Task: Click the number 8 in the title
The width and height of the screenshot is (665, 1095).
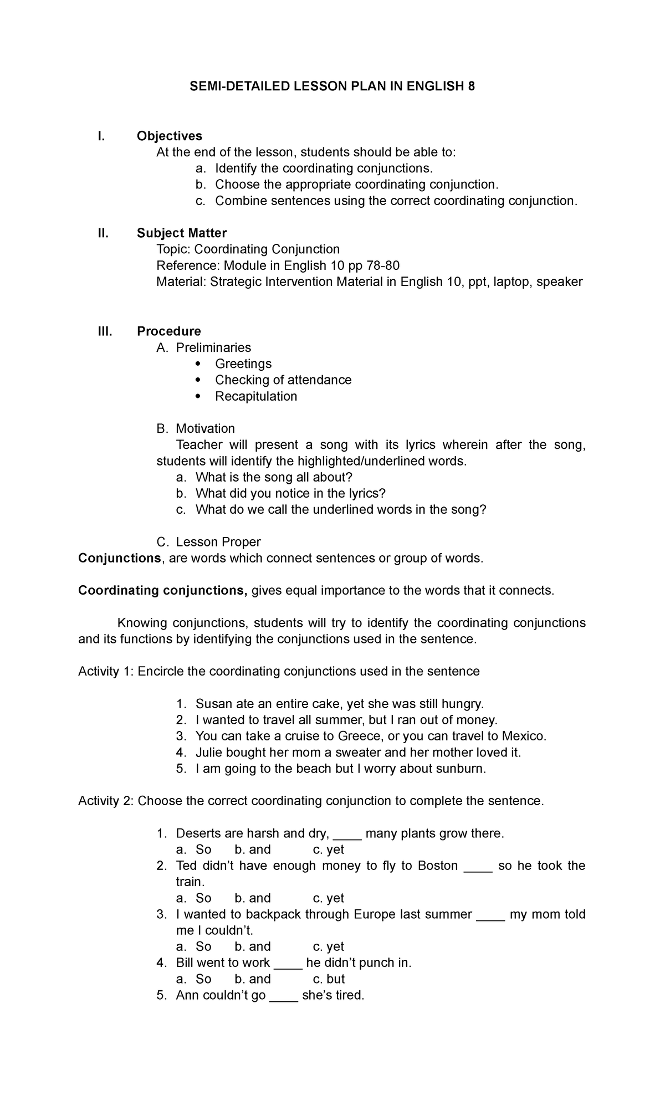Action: point(471,87)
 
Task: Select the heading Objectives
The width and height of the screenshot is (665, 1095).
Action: point(170,136)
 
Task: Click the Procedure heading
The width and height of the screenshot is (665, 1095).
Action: point(169,331)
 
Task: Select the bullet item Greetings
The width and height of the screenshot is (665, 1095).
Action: point(243,364)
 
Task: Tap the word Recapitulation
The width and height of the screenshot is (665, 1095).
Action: point(256,396)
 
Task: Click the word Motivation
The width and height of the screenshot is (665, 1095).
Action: point(205,428)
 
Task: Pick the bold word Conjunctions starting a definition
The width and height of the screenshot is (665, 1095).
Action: point(119,558)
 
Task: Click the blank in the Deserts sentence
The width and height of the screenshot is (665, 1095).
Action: point(348,834)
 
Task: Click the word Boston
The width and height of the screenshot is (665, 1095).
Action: point(438,866)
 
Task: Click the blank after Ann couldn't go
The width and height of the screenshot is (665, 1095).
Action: point(284,995)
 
